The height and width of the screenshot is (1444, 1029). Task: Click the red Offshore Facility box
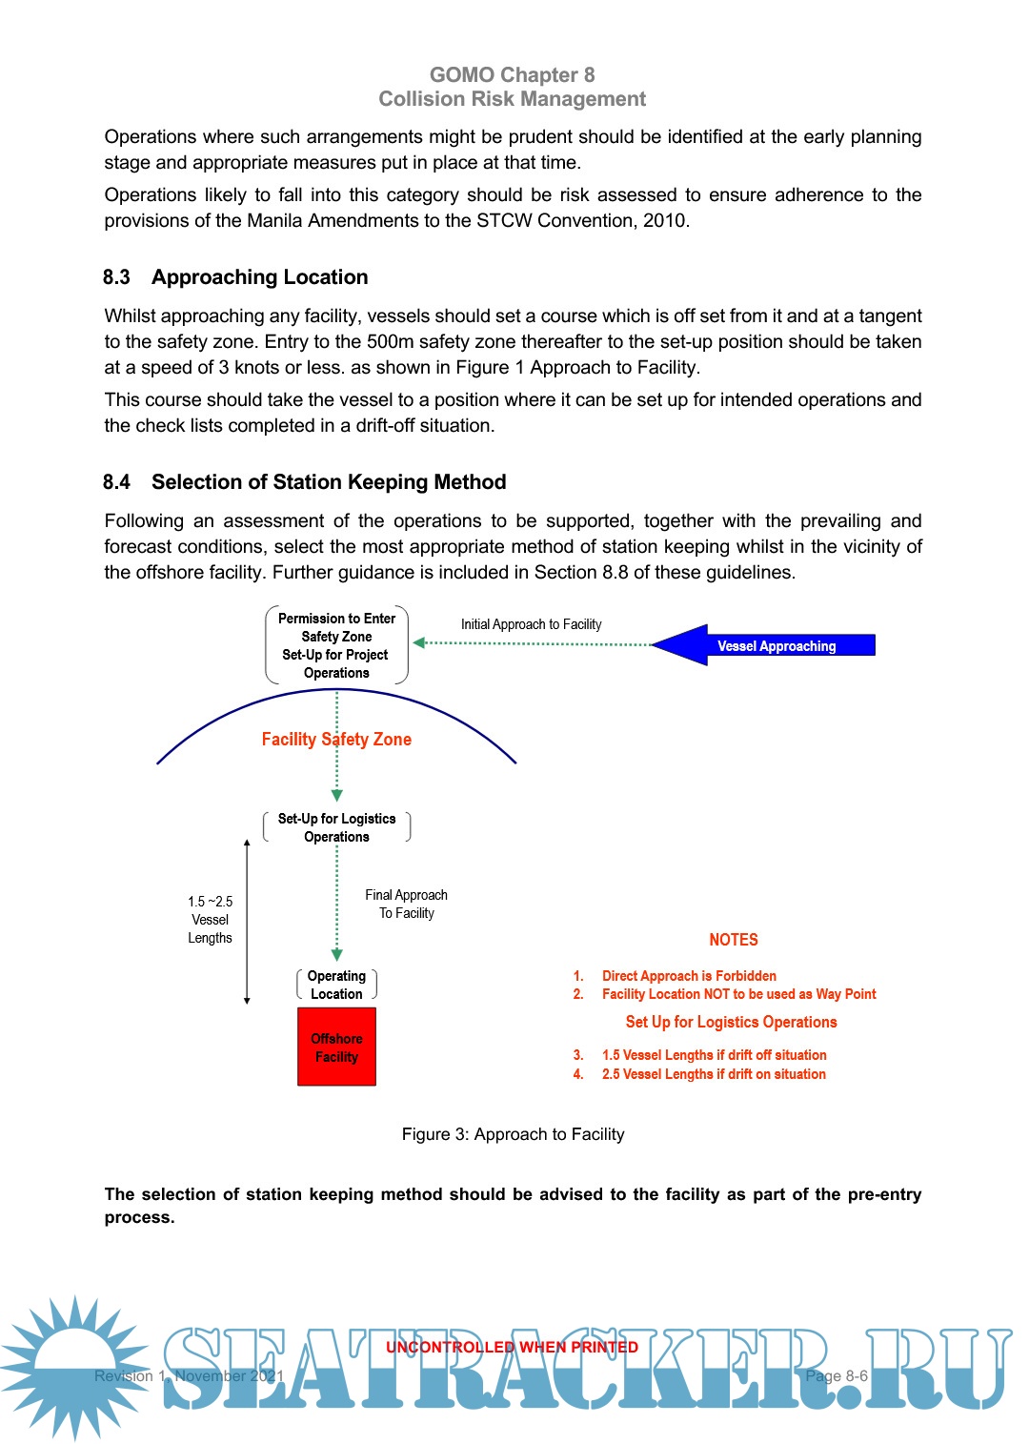click(x=336, y=1047)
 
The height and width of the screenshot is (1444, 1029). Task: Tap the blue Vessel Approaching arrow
click(x=763, y=645)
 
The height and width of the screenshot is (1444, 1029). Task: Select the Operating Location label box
click(x=336, y=985)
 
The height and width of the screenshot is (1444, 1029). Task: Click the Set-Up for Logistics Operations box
click(x=336, y=827)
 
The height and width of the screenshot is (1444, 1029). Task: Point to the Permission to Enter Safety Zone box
click(x=336, y=645)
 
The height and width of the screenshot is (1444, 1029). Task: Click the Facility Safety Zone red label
click(x=336, y=739)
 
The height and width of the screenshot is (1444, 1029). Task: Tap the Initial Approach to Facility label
click(x=531, y=624)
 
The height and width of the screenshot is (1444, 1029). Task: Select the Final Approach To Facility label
click(x=406, y=904)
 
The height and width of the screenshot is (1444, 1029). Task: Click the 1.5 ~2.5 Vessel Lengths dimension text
click(x=210, y=919)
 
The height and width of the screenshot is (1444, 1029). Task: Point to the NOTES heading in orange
click(x=734, y=940)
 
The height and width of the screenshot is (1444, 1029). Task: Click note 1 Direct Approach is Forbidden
click(x=688, y=976)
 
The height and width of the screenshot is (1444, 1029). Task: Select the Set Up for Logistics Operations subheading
click(x=731, y=1022)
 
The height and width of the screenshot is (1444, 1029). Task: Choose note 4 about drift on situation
click(x=713, y=1074)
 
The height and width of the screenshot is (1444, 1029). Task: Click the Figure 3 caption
click(x=513, y=1134)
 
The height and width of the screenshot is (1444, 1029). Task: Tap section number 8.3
click(x=116, y=277)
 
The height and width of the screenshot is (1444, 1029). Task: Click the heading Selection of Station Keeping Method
click(x=329, y=482)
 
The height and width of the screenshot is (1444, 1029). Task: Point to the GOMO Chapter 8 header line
click(x=512, y=75)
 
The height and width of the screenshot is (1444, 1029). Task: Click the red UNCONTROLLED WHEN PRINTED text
click(x=512, y=1347)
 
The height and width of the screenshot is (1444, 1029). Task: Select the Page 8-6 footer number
click(x=837, y=1376)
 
